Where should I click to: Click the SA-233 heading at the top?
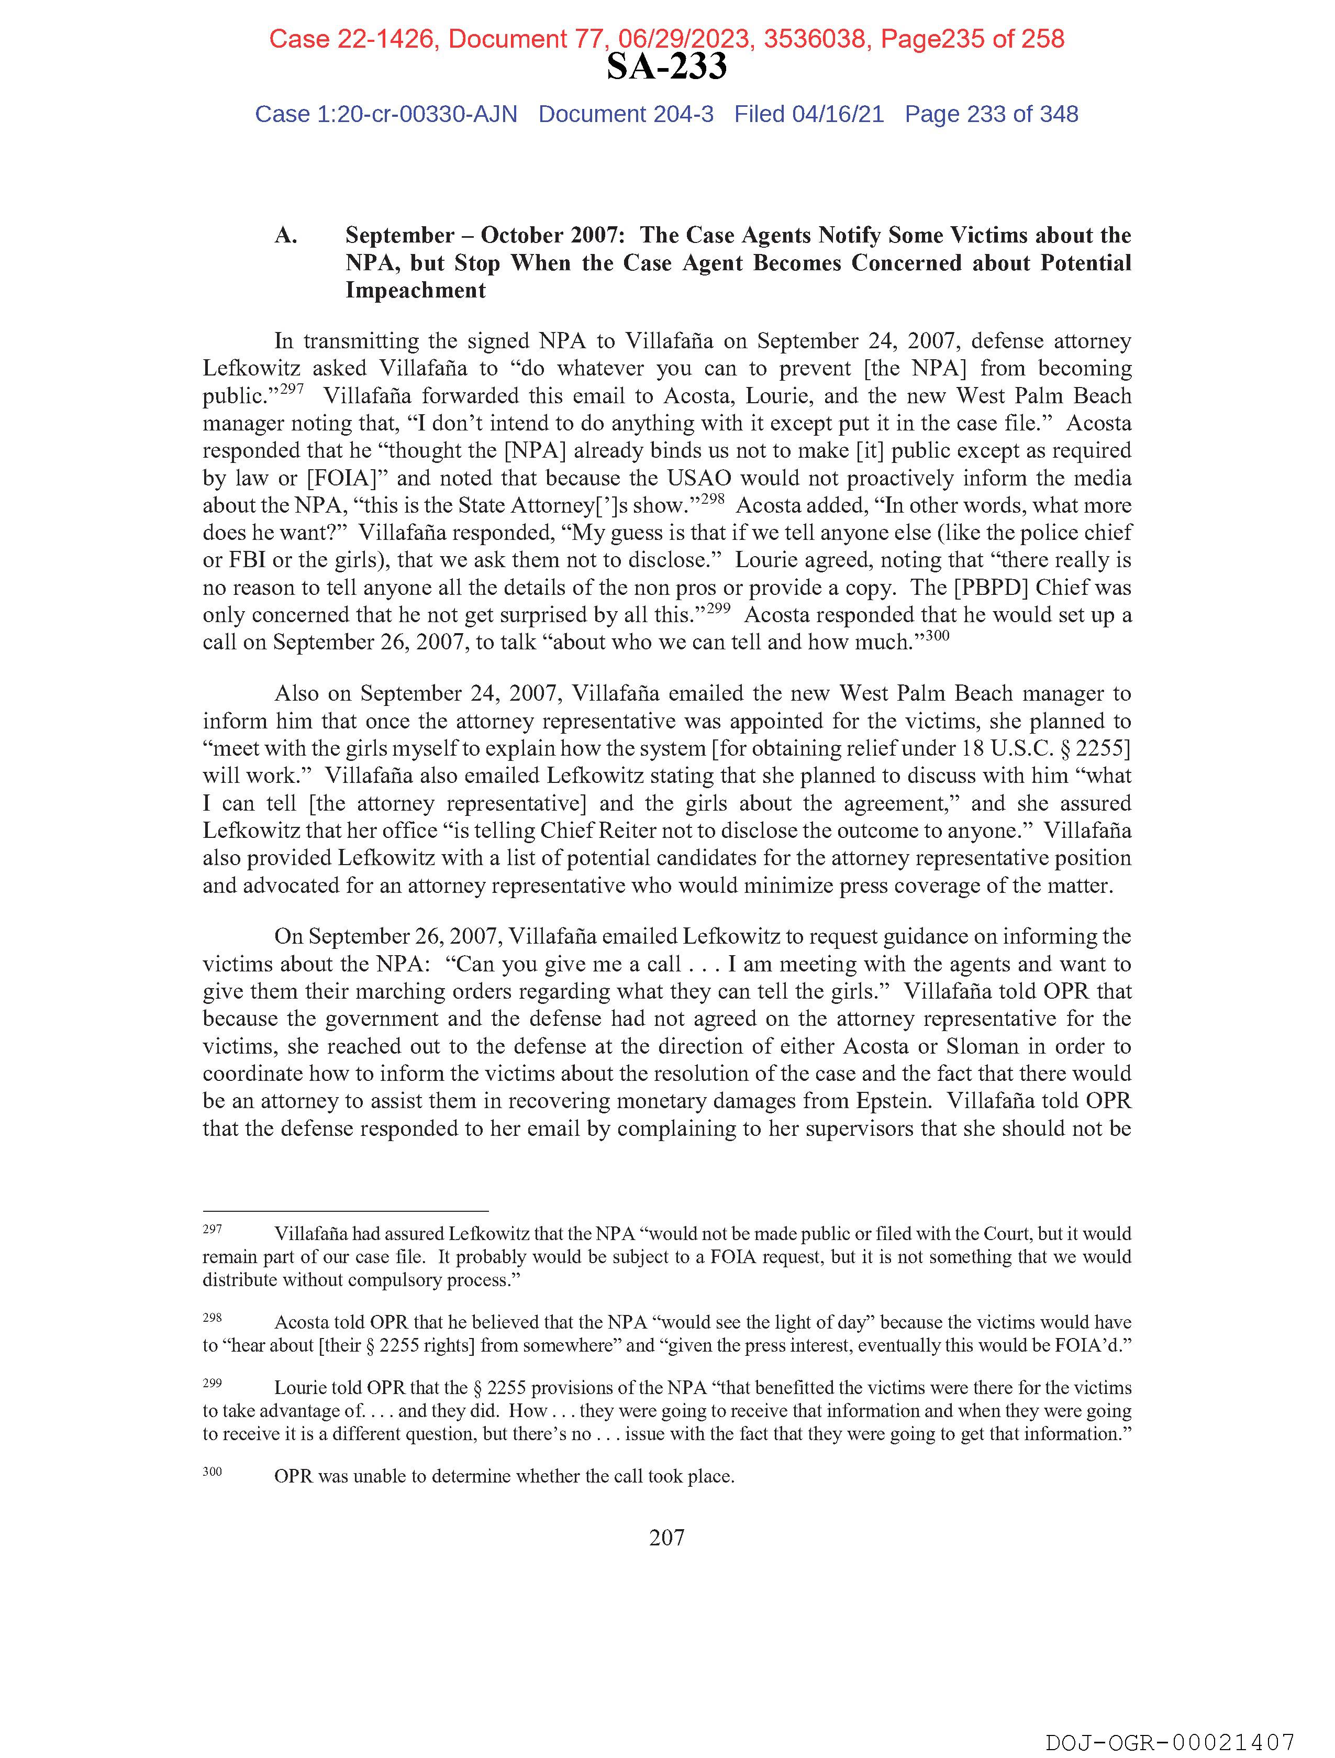click(666, 67)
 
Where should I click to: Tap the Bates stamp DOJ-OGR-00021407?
click(1170, 1742)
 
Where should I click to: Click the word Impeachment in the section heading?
click(415, 290)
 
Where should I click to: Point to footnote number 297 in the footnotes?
click(212, 1230)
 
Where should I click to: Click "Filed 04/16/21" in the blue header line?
click(808, 115)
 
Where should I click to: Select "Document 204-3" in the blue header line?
click(626, 115)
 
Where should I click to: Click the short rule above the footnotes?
click(345, 1211)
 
